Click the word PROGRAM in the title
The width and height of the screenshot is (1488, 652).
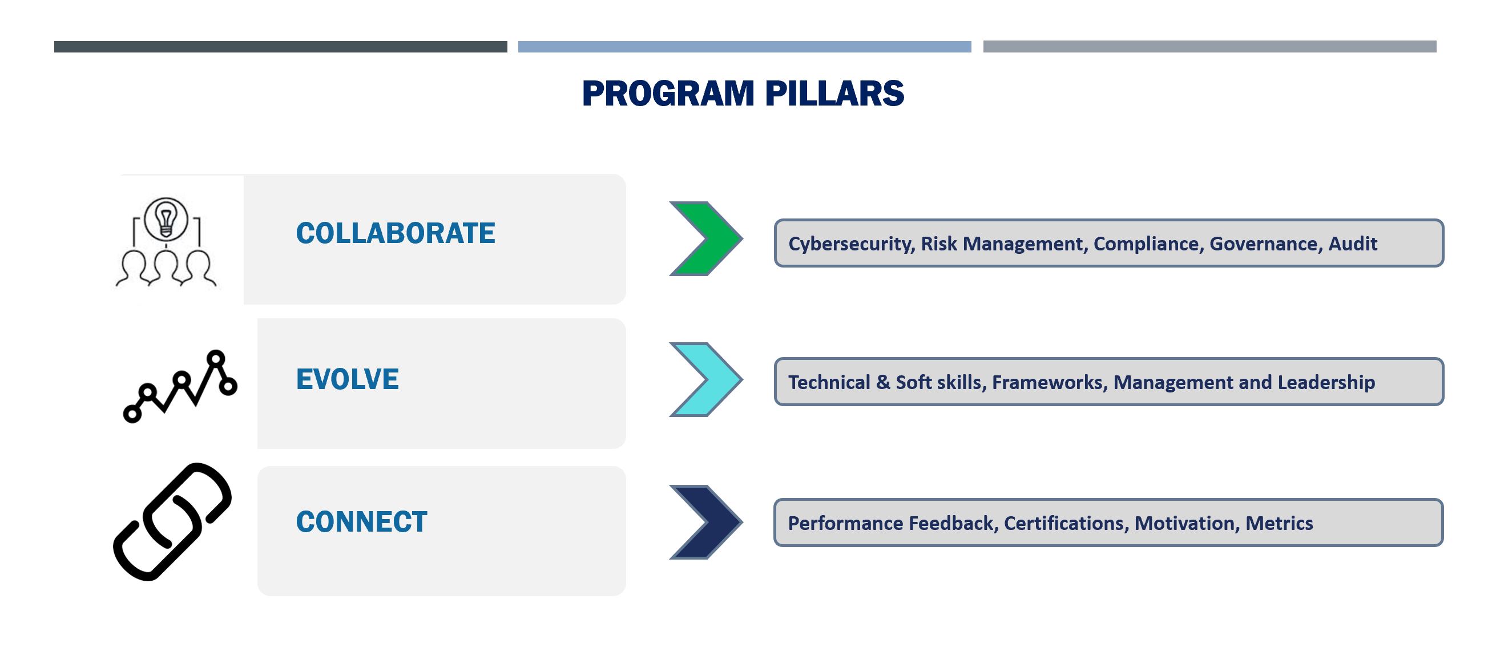tap(668, 94)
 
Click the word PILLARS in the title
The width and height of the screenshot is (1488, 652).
tap(834, 94)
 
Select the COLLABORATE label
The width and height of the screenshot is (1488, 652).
tap(396, 233)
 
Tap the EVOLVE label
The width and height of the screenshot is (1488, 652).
tap(347, 379)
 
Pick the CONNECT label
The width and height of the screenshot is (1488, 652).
tap(362, 522)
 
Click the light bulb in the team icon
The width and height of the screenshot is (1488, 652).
tap(166, 219)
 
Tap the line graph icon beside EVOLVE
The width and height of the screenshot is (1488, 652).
tap(180, 386)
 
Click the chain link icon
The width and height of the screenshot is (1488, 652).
tap(172, 521)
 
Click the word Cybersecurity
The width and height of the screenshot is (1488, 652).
tap(852, 244)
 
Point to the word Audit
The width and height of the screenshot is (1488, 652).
tap(1353, 244)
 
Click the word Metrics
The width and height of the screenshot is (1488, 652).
tap(1279, 523)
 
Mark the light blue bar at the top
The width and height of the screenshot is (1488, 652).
tap(745, 47)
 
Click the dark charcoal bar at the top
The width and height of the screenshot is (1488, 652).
tap(281, 47)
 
